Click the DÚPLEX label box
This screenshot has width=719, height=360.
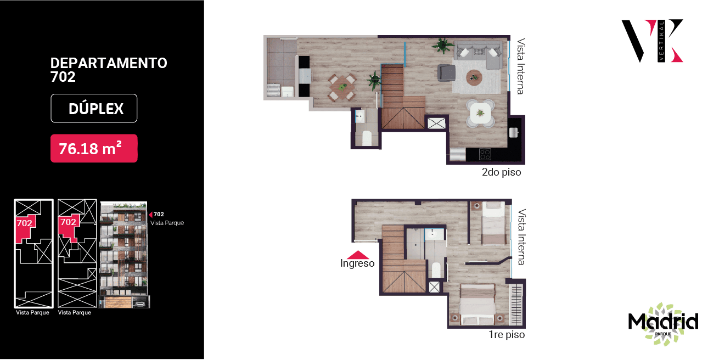(94, 109)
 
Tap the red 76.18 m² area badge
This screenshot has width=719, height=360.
(94, 148)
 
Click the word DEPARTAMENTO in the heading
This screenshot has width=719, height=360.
(109, 63)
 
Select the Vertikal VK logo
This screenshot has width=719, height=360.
(653, 41)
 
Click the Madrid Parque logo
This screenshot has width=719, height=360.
(663, 323)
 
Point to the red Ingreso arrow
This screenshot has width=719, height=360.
(358, 255)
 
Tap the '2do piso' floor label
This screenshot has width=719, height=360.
(501, 172)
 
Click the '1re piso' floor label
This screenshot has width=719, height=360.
(507, 335)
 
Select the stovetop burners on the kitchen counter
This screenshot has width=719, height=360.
(485, 154)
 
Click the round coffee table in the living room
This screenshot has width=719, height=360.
(474, 77)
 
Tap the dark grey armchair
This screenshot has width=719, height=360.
(446, 72)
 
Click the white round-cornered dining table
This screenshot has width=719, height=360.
(480, 113)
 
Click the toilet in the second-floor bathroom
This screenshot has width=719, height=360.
(367, 138)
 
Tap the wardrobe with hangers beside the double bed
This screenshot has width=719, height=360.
(516, 305)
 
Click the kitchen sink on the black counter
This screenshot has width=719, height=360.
(514, 132)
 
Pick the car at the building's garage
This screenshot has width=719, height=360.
(140, 303)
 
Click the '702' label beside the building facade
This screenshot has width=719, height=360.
(159, 215)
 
